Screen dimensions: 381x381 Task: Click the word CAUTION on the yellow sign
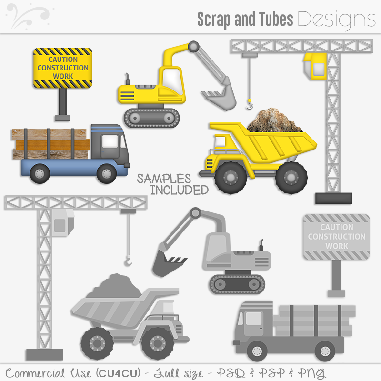tap(63, 59)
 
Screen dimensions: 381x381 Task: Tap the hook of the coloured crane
tap(250, 105)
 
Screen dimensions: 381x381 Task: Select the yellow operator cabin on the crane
tap(315, 66)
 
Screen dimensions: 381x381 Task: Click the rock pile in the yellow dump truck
tap(274, 120)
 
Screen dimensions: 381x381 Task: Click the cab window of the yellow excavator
tap(172, 81)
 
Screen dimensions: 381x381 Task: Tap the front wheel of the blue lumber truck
tap(107, 173)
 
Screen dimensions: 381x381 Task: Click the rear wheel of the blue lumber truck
tap(40, 173)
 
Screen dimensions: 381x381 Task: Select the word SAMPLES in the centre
tap(164, 179)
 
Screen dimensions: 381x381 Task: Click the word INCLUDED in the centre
tap(180, 190)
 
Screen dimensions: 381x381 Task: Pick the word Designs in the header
tap(337, 20)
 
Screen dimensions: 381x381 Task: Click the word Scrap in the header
tap(214, 20)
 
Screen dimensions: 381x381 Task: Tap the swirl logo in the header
tap(28, 15)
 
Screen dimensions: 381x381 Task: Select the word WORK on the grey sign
tap(337, 246)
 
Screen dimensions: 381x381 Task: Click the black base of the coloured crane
tap(334, 198)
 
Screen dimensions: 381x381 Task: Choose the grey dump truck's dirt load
tap(114, 286)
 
